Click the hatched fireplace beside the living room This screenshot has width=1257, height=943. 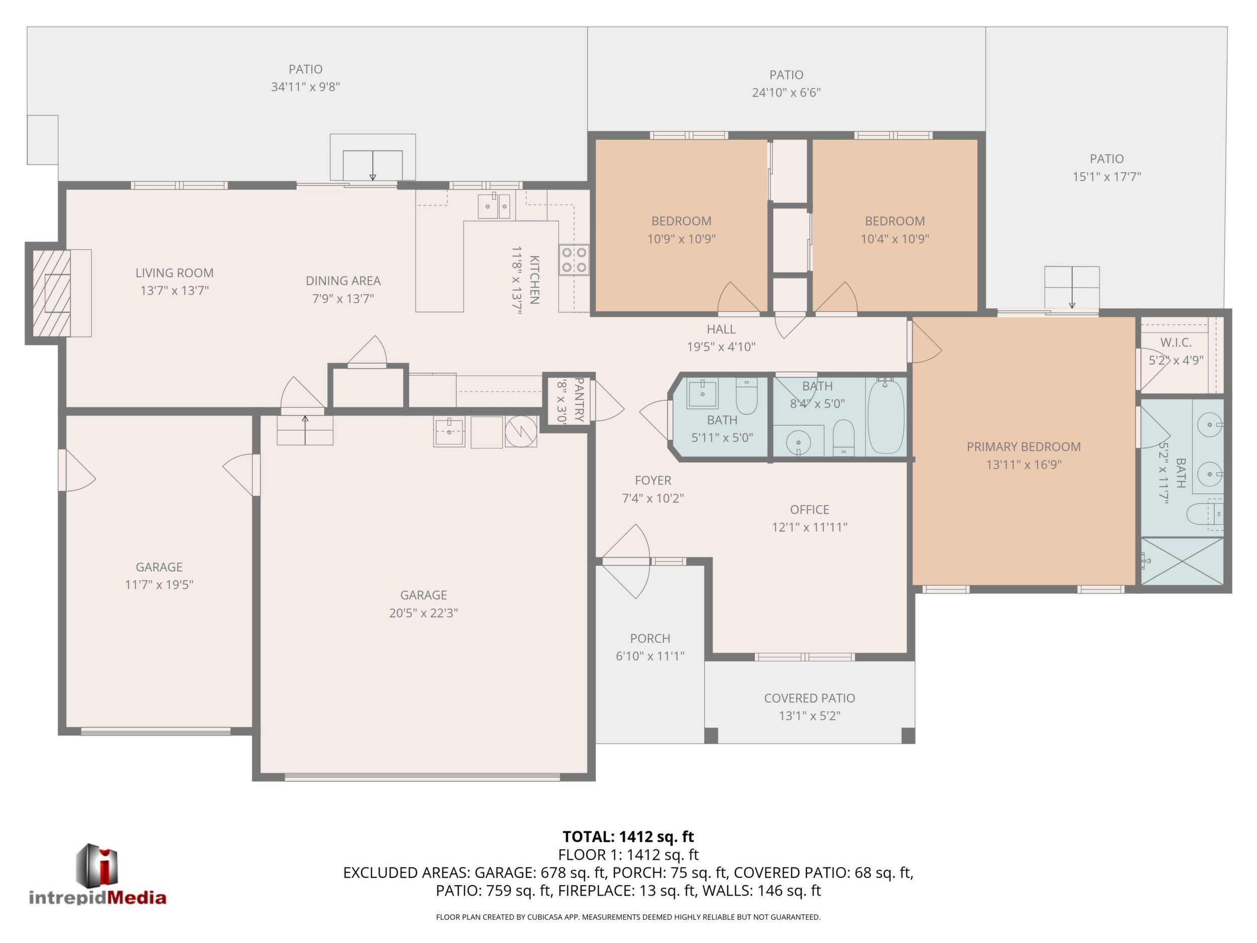click(x=52, y=293)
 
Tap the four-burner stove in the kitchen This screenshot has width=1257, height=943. click(x=574, y=260)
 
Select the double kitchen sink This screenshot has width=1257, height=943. click(x=494, y=205)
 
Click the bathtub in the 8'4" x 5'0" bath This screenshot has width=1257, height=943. click(x=886, y=416)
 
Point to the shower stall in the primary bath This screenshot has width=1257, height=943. click(x=1182, y=561)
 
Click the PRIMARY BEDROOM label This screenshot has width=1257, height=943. click(x=1023, y=447)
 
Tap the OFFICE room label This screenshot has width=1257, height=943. click(x=809, y=509)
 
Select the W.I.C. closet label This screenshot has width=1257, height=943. click(x=1176, y=343)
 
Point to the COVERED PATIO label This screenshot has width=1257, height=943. click(x=809, y=698)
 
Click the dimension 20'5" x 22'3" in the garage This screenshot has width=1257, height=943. click(x=424, y=613)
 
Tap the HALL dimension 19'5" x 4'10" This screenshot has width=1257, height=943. click(x=721, y=347)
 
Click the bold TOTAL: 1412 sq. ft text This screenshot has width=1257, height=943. click(x=628, y=837)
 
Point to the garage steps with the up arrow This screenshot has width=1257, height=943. click(x=305, y=430)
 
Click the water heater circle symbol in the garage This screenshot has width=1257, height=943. click(x=521, y=432)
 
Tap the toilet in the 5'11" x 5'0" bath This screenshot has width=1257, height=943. click(x=746, y=395)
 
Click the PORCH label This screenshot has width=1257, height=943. click(x=650, y=638)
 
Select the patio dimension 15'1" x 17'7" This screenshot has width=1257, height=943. click(x=1106, y=177)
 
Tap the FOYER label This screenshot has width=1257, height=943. click(x=653, y=480)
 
